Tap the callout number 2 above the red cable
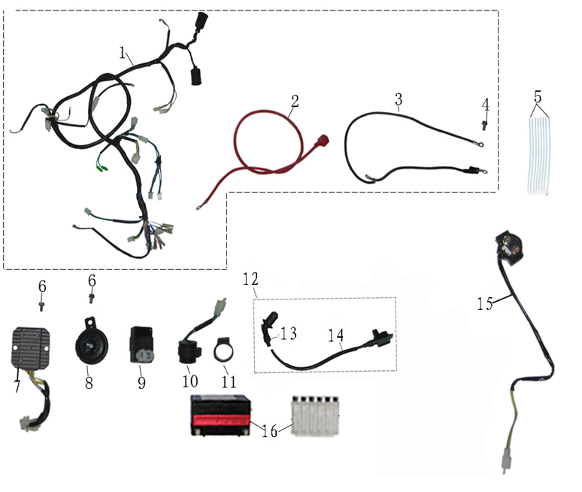pos(295,100)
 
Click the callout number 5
pos(538,97)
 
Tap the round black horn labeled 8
pos(89,344)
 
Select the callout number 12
pos(250,279)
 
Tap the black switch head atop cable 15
pos(514,249)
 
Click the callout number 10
pos(189,381)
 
